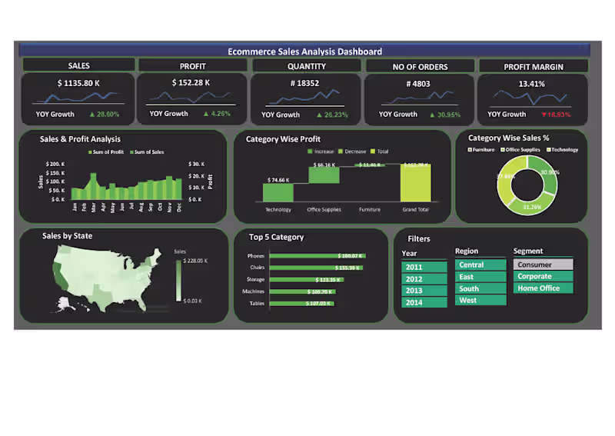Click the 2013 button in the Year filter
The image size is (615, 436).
click(x=424, y=291)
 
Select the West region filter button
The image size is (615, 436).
click(x=480, y=301)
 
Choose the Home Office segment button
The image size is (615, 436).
click(x=544, y=288)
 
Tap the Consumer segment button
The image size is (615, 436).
click(x=544, y=265)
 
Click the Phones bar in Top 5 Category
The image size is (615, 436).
click(x=317, y=255)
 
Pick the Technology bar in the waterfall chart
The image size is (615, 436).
click(x=278, y=193)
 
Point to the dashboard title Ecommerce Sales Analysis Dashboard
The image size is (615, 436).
click(x=304, y=52)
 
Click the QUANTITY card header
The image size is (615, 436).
click(x=307, y=66)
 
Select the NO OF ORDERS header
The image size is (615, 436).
click(x=420, y=67)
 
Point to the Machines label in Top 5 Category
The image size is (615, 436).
click(x=255, y=291)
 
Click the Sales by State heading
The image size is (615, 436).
click(x=67, y=236)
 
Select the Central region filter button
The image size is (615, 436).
click(x=480, y=265)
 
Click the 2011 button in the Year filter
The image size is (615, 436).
click(x=424, y=267)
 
